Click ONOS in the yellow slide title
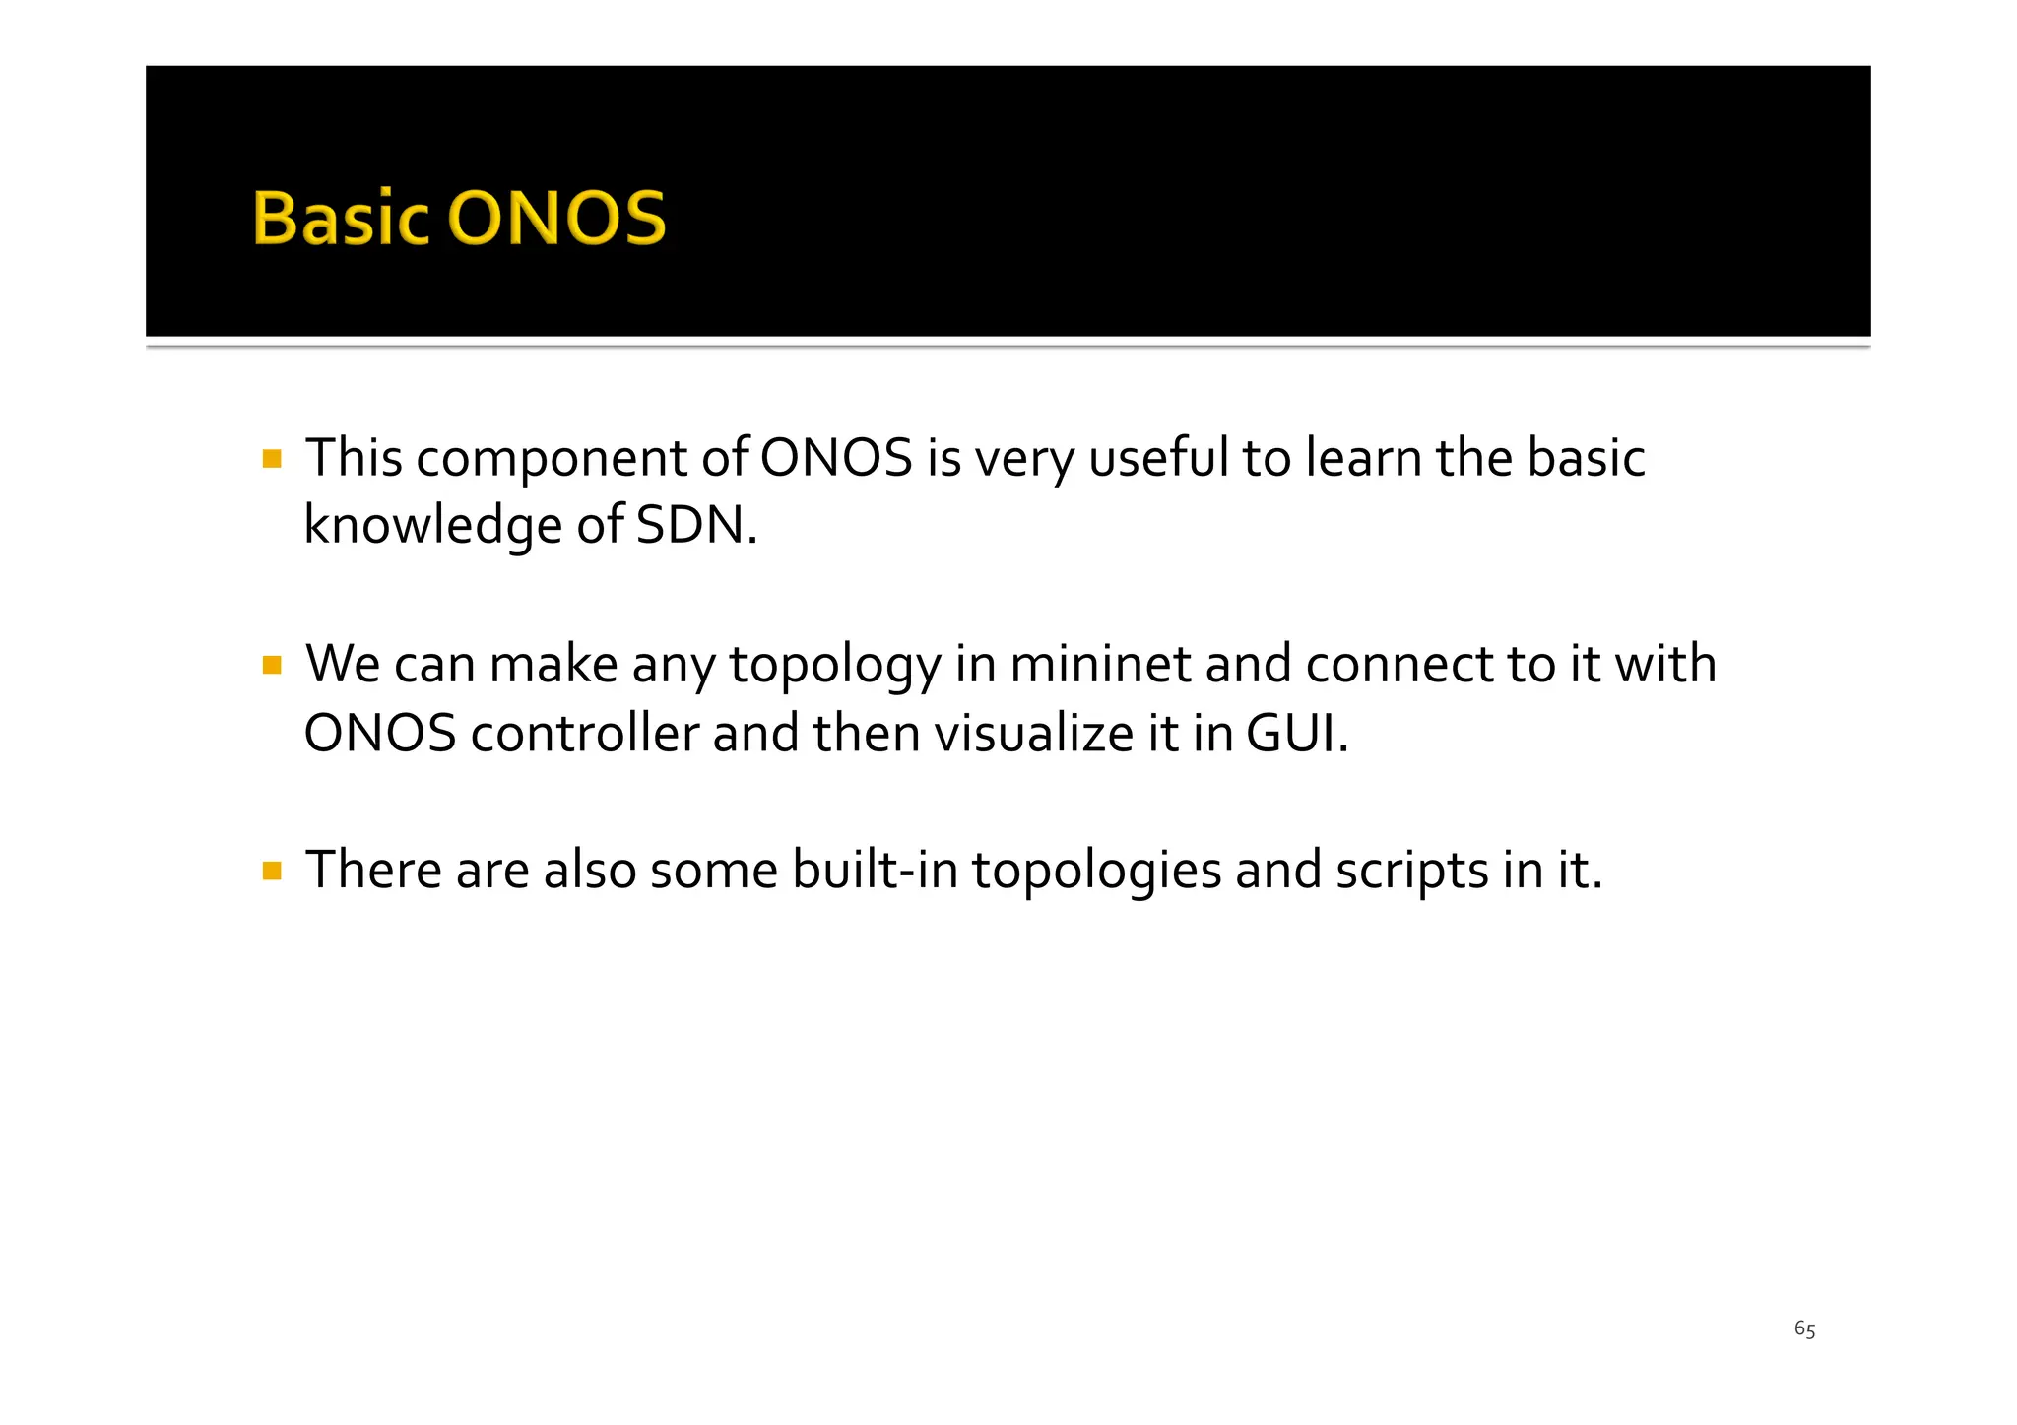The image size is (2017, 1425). (x=557, y=218)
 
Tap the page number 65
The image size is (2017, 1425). (x=1804, y=1329)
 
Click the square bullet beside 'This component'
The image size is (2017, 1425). (x=273, y=459)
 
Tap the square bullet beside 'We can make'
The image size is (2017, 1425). (x=273, y=666)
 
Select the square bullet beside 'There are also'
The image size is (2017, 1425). (x=273, y=871)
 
